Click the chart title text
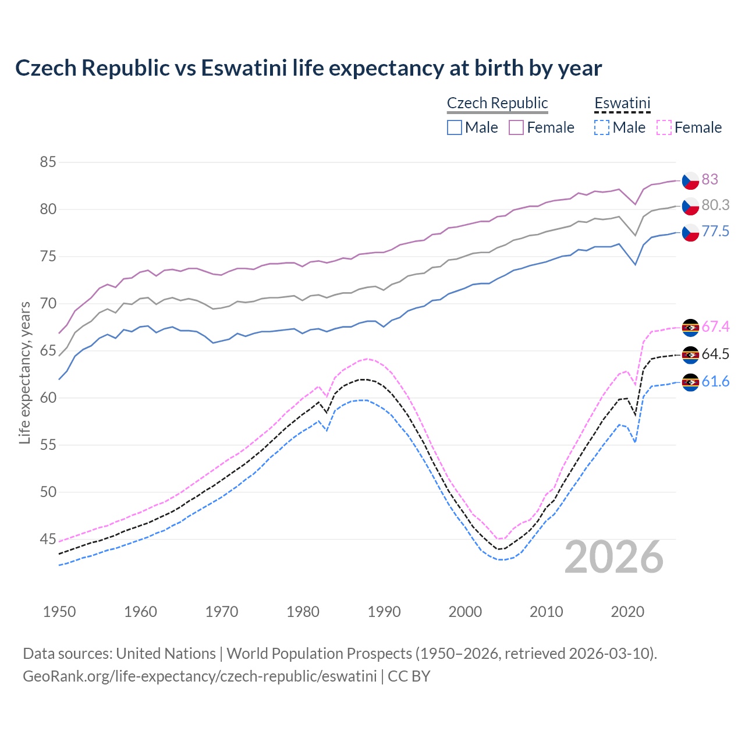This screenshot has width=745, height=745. (308, 68)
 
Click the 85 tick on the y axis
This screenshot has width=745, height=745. (48, 162)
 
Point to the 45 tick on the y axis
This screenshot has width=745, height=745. (48, 540)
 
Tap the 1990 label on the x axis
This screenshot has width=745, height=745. (384, 612)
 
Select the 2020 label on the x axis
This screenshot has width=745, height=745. (627, 612)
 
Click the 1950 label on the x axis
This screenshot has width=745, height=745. (59, 612)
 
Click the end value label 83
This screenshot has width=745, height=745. (709, 179)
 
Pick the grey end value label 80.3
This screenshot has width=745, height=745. (715, 205)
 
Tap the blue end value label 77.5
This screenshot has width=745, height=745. (715, 232)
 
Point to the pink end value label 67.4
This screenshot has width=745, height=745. (715, 327)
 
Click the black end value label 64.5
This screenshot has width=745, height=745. (715, 354)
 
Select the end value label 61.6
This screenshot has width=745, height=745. (715, 381)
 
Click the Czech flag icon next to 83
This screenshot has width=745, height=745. (690, 180)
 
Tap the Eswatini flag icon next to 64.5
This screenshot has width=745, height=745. (690, 354)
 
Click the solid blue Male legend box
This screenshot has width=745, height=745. (455, 127)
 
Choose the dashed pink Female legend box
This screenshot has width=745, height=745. (664, 127)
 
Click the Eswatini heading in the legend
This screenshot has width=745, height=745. (622, 103)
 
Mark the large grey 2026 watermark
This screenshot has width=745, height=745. (614, 557)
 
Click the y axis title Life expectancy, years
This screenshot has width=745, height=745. (24, 372)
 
